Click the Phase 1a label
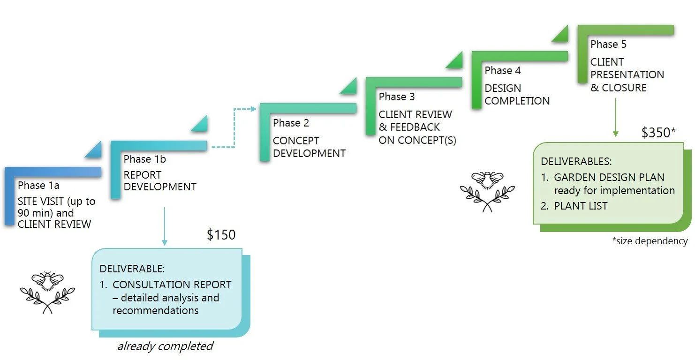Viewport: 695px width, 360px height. [38, 186]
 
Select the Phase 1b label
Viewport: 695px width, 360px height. [144, 159]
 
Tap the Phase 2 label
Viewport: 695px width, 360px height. [291, 123]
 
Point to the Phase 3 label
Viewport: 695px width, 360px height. [397, 97]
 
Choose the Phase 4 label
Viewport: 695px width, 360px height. [503, 70]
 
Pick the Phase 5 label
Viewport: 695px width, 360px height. [608, 45]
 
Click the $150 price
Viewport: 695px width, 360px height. [221, 234]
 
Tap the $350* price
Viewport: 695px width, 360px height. [658, 133]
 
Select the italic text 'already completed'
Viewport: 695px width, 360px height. [165, 346]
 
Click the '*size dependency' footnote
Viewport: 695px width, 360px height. [650, 241]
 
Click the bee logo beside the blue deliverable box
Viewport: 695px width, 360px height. [47, 292]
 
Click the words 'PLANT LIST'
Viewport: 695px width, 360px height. [581, 206]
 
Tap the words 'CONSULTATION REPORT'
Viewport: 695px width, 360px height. [172, 285]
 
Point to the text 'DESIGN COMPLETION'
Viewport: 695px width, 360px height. [517, 94]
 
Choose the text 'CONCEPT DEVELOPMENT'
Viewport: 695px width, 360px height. [309, 147]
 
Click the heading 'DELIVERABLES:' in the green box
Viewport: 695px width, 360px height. [576, 161]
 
